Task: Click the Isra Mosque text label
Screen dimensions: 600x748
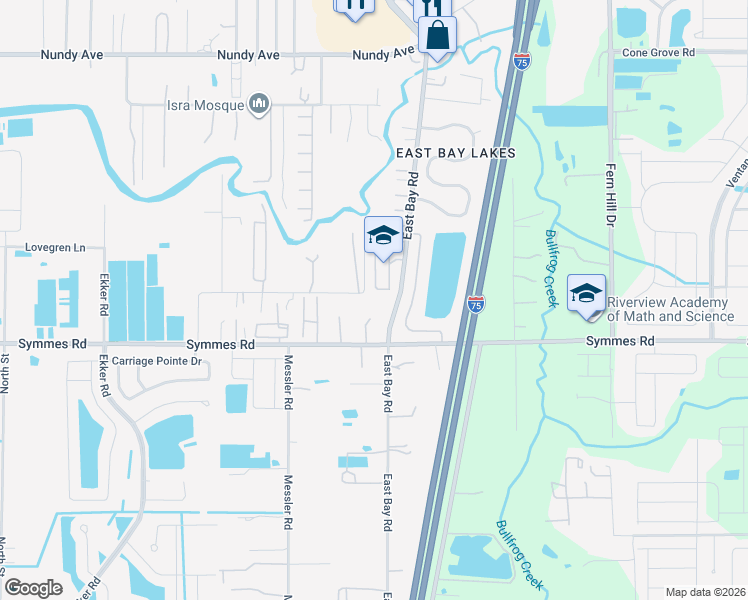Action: point(206,103)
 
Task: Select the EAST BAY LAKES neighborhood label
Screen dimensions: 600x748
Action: point(456,153)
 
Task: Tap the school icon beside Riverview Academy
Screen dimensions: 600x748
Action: point(587,294)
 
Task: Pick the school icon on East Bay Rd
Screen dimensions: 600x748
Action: point(383,236)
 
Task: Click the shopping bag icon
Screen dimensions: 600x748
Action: point(438,36)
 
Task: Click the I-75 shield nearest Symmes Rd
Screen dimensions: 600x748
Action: point(476,303)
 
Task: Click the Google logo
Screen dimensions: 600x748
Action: point(33,588)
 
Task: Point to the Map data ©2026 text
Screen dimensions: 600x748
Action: point(705,592)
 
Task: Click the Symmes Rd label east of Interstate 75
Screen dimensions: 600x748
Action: point(620,341)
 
